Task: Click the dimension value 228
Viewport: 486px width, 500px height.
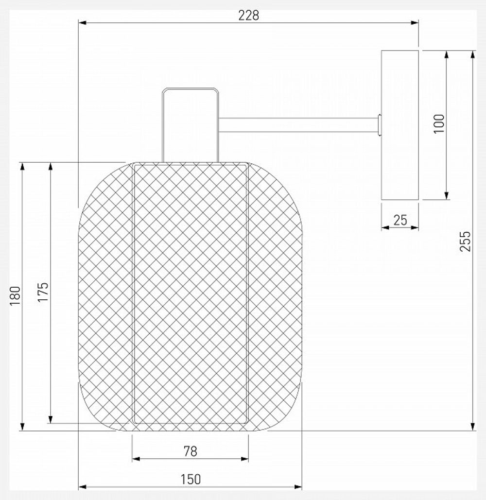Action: pos(249,15)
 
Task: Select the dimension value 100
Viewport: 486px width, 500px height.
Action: pos(439,124)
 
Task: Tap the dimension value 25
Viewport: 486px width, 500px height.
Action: pos(400,220)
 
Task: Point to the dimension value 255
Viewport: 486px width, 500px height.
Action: pos(465,241)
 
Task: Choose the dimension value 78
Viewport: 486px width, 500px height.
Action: pos(191,451)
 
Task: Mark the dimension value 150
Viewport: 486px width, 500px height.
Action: pos(191,480)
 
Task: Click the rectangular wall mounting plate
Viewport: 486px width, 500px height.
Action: pos(400,125)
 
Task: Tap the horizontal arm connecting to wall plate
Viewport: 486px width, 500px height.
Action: pos(297,124)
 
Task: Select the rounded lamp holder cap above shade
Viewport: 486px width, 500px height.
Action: pos(190,124)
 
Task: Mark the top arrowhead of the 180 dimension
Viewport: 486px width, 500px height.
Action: pos(22,167)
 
